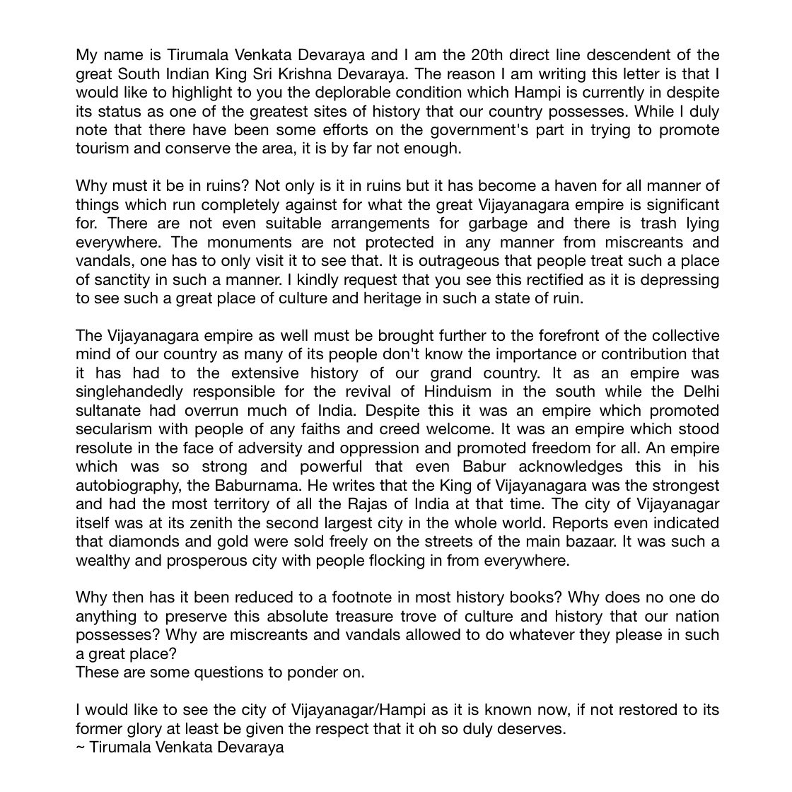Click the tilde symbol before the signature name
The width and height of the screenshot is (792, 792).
[x=80, y=747]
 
